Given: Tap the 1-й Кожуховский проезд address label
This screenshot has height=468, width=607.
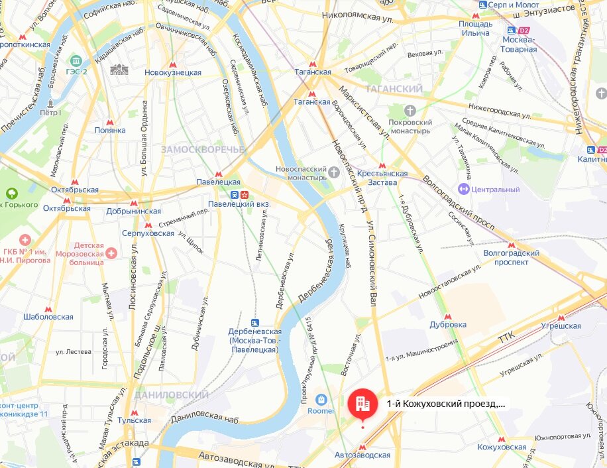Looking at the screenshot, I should tap(445, 403).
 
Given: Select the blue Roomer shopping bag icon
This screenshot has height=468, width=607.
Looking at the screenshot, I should tap(321, 400).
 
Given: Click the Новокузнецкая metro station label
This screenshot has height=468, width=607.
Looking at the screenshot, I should tap(173, 72).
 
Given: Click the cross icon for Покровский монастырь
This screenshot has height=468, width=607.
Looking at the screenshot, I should tap(410, 109).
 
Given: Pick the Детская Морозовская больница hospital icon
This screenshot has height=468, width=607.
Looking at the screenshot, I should tap(111, 253).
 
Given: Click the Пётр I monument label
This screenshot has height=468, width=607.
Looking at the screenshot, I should tap(50, 113).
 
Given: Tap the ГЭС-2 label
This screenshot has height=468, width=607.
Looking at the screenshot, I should tap(80, 72).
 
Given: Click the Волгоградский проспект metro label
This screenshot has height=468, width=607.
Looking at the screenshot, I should tap(511, 257).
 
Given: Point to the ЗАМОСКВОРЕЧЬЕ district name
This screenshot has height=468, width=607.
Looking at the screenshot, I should tap(202, 150).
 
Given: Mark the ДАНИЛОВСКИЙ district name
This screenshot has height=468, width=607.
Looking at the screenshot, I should tap(163, 395).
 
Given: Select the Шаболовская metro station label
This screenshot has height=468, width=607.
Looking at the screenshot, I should tap(48, 317).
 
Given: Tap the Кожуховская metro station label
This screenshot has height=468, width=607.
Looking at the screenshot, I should tap(502, 447).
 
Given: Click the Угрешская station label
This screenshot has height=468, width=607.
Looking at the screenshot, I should tap(561, 325).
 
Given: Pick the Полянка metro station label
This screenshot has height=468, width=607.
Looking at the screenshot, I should tap(110, 130).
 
